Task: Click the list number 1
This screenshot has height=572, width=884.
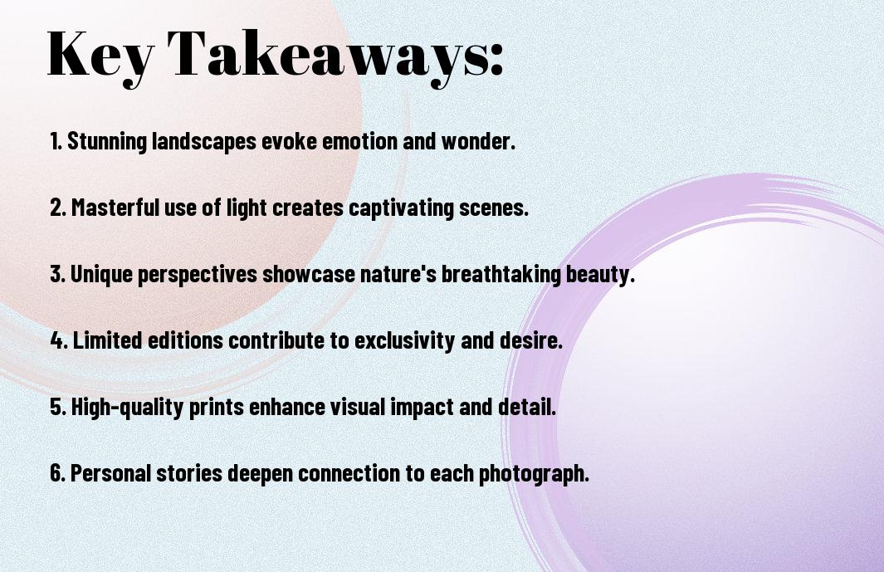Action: pyautogui.click(x=56, y=141)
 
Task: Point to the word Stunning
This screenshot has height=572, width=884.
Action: pyautogui.click(x=107, y=142)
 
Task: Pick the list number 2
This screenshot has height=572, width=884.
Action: pyautogui.click(x=57, y=208)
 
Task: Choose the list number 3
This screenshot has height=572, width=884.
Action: pyautogui.click(x=57, y=274)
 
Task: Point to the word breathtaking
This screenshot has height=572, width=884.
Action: pyautogui.click(x=501, y=275)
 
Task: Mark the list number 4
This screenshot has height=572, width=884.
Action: pyautogui.click(x=58, y=340)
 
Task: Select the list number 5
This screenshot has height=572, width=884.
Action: pyautogui.click(x=57, y=407)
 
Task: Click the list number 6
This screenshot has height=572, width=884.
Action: pyautogui.click(x=57, y=472)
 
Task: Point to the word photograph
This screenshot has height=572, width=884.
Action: pyautogui.click(x=535, y=474)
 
